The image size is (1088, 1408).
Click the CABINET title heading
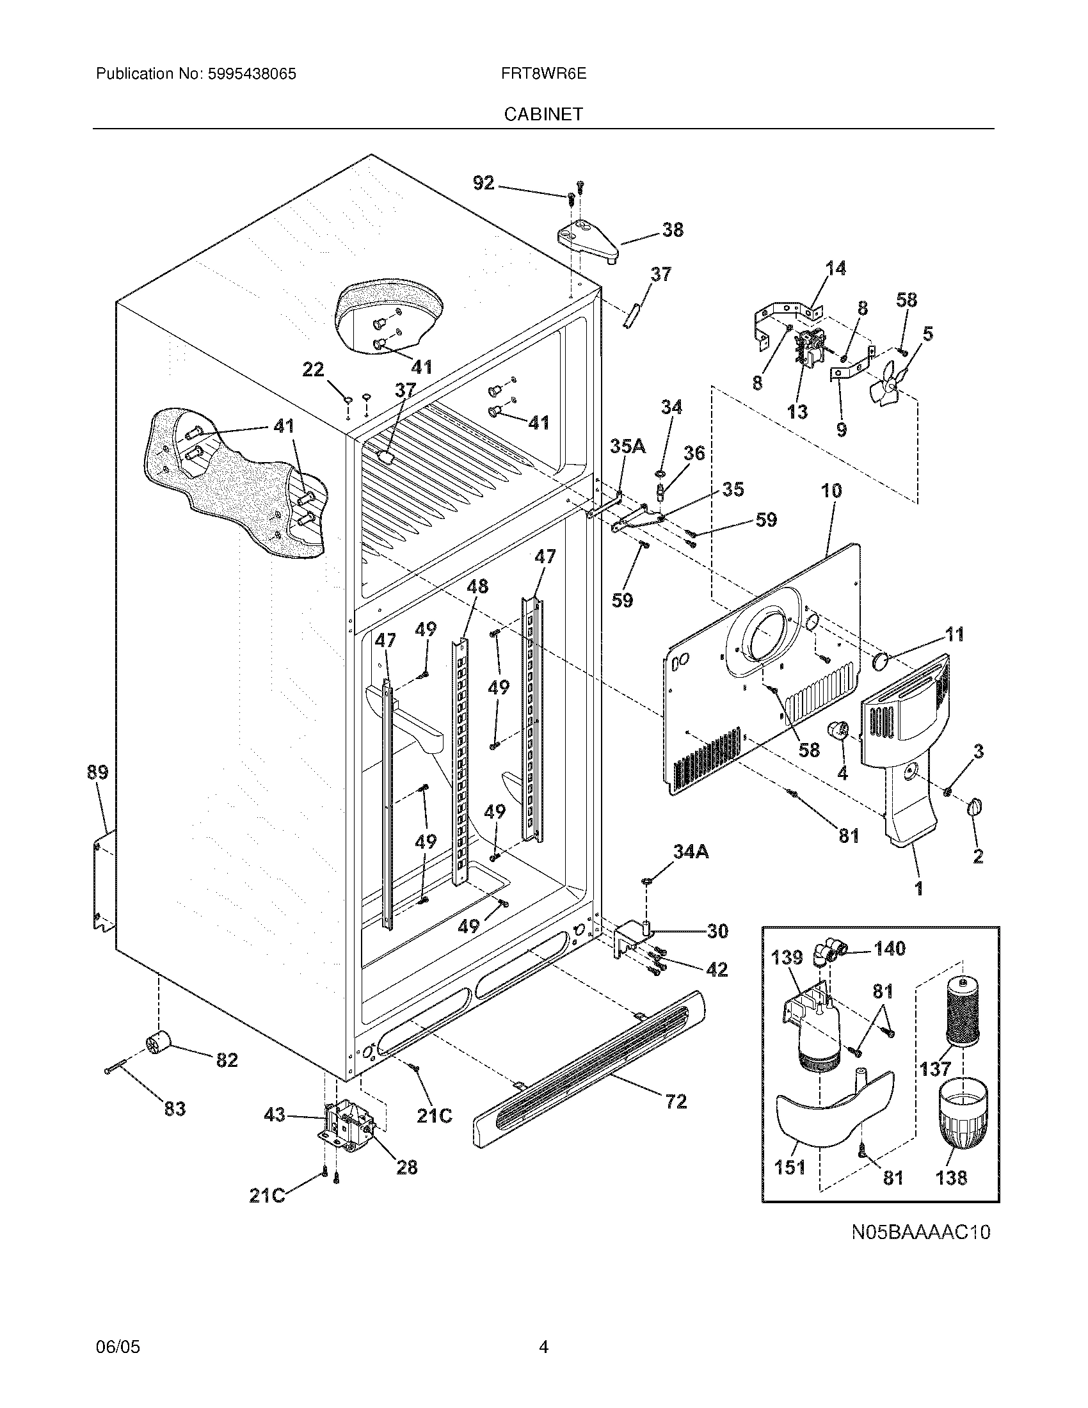tap(543, 114)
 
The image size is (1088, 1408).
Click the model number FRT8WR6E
tap(543, 74)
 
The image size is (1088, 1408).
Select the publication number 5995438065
tap(252, 74)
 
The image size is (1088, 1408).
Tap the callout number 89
tap(98, 772)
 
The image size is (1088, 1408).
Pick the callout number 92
tap(483, 183)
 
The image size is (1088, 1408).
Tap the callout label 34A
tap(691, 852)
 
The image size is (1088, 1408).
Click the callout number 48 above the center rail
tap(477, 587)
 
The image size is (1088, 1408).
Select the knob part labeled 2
tap(973, 806)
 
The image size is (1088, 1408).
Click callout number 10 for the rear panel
tap(831, 491)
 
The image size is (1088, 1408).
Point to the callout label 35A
tap(628, 445)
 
